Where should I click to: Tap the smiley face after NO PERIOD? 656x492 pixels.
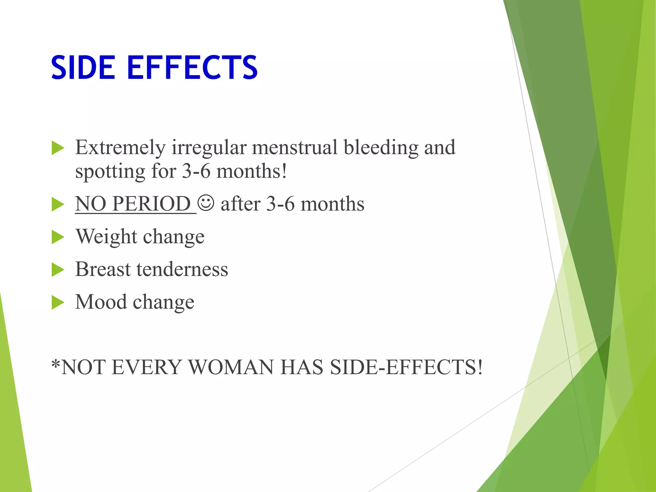coord(206,203)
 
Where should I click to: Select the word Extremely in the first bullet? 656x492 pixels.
coord(120,148)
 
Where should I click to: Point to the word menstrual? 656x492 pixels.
coord(295,147)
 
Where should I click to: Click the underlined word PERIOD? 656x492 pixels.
coord(152,204)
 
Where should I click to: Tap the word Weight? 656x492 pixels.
coord(106,237)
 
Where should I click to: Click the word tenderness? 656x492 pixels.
coord(182,269)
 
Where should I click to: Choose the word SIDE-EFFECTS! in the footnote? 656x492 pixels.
coord(406,367)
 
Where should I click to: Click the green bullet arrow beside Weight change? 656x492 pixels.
coord(58,237)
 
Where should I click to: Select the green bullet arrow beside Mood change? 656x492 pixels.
coord(58,302)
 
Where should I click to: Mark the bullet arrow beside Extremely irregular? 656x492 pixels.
coord(58,148)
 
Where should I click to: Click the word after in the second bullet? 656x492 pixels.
coord(240,204)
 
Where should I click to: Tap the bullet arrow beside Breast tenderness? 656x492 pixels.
coord(58,270)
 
